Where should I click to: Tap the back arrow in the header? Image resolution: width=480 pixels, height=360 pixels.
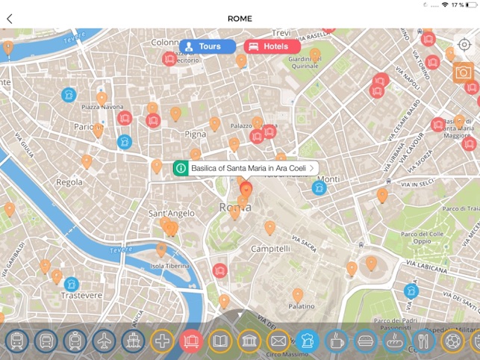[9, 19]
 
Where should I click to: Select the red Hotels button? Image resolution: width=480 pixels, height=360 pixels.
[267, 46]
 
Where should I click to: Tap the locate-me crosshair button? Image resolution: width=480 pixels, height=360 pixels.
[464, 44]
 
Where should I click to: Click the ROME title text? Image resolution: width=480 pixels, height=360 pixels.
[240, 19]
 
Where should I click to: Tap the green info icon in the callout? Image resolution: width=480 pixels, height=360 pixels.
[181, 169]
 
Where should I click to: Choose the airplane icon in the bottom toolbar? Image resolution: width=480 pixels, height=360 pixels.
[104, 342]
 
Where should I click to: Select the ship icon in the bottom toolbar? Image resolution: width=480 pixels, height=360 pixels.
[133, 342]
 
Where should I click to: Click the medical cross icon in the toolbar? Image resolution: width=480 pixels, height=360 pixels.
[162, 342]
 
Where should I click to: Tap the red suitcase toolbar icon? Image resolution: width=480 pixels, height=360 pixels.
[191, 342]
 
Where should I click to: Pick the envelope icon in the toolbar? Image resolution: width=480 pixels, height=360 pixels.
[278, 342]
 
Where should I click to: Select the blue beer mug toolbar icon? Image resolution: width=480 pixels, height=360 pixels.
[308, 342]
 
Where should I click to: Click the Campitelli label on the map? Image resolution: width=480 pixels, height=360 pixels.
[270, 248]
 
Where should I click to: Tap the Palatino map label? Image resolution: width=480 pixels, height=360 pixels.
[302, 306]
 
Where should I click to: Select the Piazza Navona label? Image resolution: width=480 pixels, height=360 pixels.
[102, 108]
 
